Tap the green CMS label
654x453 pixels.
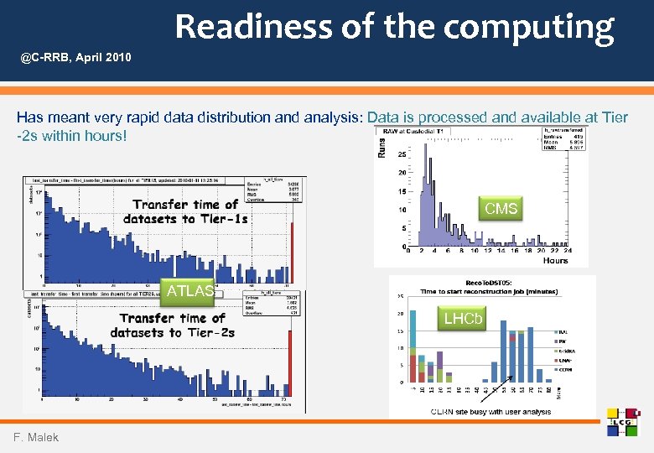point(501,208)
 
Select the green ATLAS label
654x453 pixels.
point(189,291)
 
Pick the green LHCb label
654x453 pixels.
point(463,319)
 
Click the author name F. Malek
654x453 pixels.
point(35,437)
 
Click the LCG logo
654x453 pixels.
point(622,422)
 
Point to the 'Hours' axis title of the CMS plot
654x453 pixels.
point(554,261)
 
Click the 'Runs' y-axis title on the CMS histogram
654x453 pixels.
point(381,148)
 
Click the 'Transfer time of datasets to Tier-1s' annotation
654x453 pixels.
point(185,211)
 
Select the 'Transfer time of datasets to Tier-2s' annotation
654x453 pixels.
point(173,325)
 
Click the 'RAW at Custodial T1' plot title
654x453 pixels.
point(413,132)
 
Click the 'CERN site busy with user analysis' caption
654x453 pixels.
point(490,412)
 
